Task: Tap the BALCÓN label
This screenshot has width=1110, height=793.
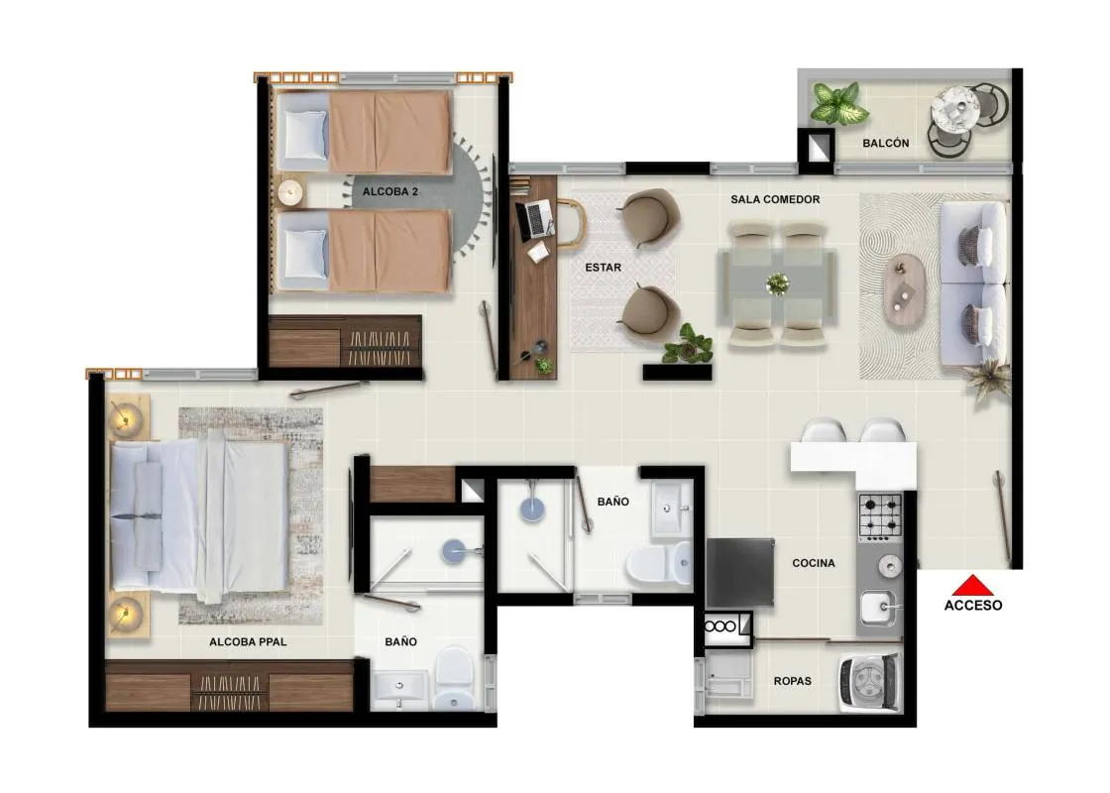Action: tap(886, 143)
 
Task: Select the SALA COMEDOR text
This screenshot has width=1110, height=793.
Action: tap(775, 199)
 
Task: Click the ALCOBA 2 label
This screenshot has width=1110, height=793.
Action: tap(390, 191)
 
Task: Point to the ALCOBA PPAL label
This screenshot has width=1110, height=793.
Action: tap(248, 642)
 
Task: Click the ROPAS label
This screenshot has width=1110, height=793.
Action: tap(792, 681)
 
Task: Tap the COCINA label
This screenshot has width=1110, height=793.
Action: tap(814, 563)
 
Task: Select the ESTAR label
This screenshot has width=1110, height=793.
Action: tap(604, 268)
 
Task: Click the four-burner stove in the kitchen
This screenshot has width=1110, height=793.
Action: tap(880, 516)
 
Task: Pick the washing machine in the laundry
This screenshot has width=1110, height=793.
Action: tap(869, 683)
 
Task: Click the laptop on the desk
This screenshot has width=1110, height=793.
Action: tap(535, 219)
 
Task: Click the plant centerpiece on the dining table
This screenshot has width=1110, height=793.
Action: tap(777, 283)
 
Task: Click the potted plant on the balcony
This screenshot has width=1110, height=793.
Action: tap(838, 103)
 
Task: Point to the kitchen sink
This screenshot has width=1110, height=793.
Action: tap(878, 609)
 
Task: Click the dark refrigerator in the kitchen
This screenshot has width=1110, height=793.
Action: tap(739, 572)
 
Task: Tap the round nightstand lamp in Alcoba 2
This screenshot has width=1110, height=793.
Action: tap(289, 191)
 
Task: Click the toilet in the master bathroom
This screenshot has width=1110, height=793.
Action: tap(454, 678)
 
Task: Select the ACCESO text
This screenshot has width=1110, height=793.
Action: tap(973, 606)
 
